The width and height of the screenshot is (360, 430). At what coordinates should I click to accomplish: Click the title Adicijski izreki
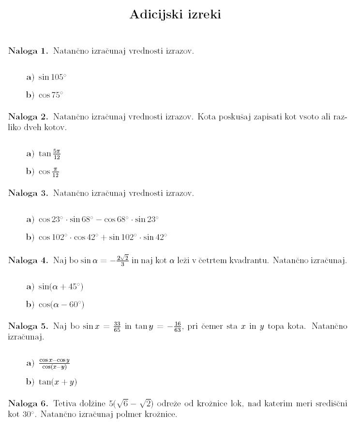pos(175,15)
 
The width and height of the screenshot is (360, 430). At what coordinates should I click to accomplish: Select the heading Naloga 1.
pos(28,51)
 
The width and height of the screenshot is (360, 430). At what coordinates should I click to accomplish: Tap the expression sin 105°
pos(52,77)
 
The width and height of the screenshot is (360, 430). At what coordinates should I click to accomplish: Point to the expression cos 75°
pos(51,95)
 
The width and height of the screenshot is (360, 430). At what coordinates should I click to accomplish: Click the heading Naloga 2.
pos(28,118)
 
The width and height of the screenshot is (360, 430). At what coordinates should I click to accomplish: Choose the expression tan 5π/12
pos(49,154)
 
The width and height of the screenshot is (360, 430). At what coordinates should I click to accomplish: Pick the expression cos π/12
pos(49,172)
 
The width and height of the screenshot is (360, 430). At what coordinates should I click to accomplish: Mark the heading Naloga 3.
pos(28,193)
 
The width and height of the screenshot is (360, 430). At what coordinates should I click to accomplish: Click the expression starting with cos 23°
pos(99,220)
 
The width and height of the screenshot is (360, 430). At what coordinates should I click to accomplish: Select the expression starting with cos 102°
pos(103,237)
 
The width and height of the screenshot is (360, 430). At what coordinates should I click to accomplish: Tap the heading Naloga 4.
pos(28,261)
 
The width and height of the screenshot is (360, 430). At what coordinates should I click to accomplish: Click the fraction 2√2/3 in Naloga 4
pos(122,261)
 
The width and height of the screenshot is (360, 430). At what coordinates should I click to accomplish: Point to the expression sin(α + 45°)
pos(61,287)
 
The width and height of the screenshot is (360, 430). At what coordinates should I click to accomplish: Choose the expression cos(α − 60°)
pos(61,305)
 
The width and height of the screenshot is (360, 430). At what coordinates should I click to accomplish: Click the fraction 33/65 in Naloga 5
pos(117,327)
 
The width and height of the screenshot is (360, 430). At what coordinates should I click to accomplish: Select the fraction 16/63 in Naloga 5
pos(177,327)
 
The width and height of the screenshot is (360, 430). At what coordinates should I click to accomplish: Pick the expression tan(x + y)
pos(58,382)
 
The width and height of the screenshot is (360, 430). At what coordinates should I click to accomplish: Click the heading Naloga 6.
pos(28,403)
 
